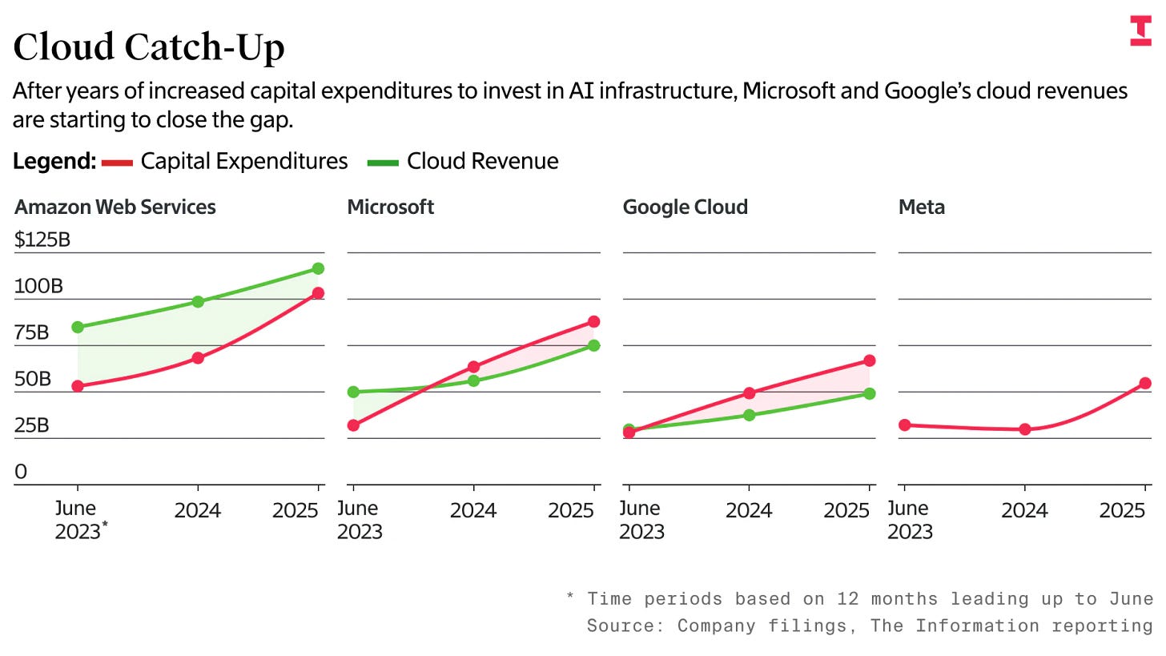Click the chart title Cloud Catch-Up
click(149, 46)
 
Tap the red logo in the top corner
click(1140, 30)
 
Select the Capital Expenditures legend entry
click(225, 162)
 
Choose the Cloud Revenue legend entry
click(463, 162)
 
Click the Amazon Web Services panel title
click(115, 207)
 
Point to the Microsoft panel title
click(390, 207)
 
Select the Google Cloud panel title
click(685, 207)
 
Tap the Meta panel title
click(922, 207)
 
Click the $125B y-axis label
click(42, 239)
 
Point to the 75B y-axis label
click(32, 332)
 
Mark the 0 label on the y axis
click(21, 472)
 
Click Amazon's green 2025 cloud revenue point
click(318, 268)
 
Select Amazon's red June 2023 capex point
click(78, 386)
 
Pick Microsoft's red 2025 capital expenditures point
click(593, 321)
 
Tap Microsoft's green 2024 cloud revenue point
click(473, 380)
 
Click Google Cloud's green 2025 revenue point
click(869, 393)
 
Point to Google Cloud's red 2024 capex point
click(749, 393)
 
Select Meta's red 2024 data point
click(1024, 429)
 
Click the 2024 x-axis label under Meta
click(1024, 510)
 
